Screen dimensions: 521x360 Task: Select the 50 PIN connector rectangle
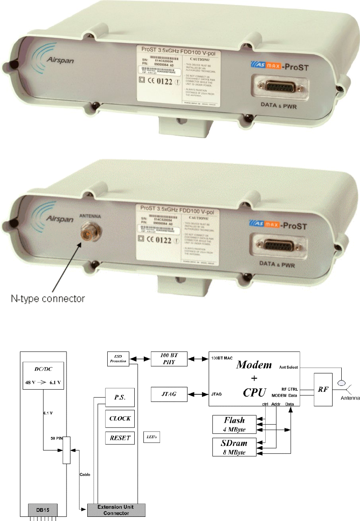pos(67,450)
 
